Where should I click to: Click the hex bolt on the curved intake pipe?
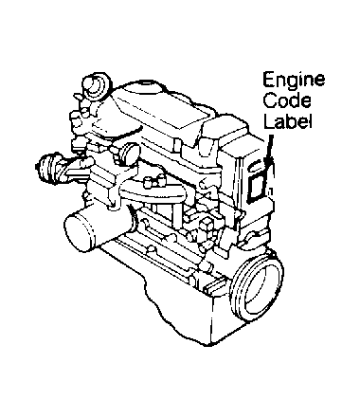click(x=151, y=179)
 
